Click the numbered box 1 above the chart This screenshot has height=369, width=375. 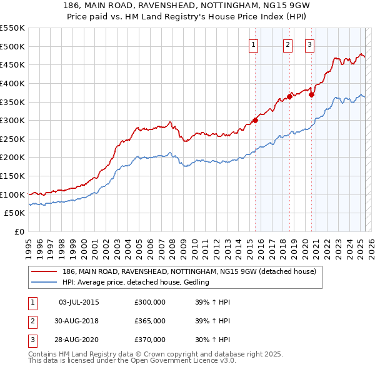tap(254, 44)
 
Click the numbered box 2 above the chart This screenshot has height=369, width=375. tap(287, 44)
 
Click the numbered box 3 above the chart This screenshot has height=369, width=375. tap(310, 44)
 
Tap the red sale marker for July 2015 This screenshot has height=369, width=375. tap(256, 120)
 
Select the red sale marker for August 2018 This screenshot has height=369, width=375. tap(290, 96)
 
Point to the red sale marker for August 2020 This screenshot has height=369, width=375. tap(312, 94)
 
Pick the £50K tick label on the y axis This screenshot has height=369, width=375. tap(15, 213)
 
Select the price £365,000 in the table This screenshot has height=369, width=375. tap(150, 321)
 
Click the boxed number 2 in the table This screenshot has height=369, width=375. tap(31, 321)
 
